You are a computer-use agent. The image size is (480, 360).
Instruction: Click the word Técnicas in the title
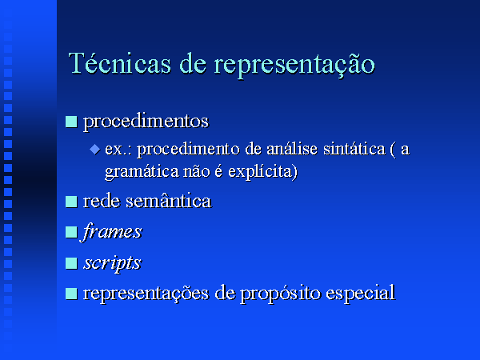(120, 63)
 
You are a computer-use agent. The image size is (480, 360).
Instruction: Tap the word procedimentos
(146, 122)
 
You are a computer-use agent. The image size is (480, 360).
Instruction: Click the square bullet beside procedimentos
(71, 122)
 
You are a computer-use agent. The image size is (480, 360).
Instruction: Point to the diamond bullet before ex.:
(95, 150)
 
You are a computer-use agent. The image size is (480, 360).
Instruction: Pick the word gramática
(142, 172)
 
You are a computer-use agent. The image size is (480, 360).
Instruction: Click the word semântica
(169, 202)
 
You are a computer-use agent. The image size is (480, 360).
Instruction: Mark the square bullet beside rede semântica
(71, 202)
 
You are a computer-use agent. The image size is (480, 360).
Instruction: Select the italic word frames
(112, 232)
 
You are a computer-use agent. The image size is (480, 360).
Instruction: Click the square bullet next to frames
(71, 232)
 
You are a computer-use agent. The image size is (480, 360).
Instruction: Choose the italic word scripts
(112, 263)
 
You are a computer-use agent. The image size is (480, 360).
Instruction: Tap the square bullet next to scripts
(71, 263)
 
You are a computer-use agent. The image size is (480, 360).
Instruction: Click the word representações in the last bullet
(146, 294)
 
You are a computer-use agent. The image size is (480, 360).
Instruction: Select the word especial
(360, 294)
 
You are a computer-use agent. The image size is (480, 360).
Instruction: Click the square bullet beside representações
(71, 294)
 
